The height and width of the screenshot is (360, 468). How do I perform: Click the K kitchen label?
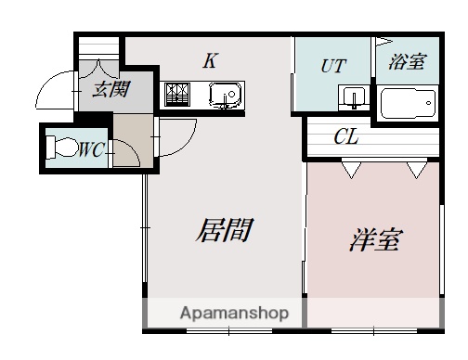(211, 62)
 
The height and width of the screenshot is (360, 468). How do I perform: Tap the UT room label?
(333, 66)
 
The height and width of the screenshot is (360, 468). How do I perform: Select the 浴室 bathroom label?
(407, 62)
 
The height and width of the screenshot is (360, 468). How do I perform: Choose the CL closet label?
(345, 138)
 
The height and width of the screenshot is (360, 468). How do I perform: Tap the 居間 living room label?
(223, 230)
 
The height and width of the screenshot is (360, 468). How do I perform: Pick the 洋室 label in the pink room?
(374, 239)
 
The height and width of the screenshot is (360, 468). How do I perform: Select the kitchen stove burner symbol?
(177, 94)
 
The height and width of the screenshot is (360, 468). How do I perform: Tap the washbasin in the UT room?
(352, 97)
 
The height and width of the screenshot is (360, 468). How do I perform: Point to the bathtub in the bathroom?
(409, 101)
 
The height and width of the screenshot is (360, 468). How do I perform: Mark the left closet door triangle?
(351, 168)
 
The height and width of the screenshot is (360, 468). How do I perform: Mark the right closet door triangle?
(415, 168)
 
